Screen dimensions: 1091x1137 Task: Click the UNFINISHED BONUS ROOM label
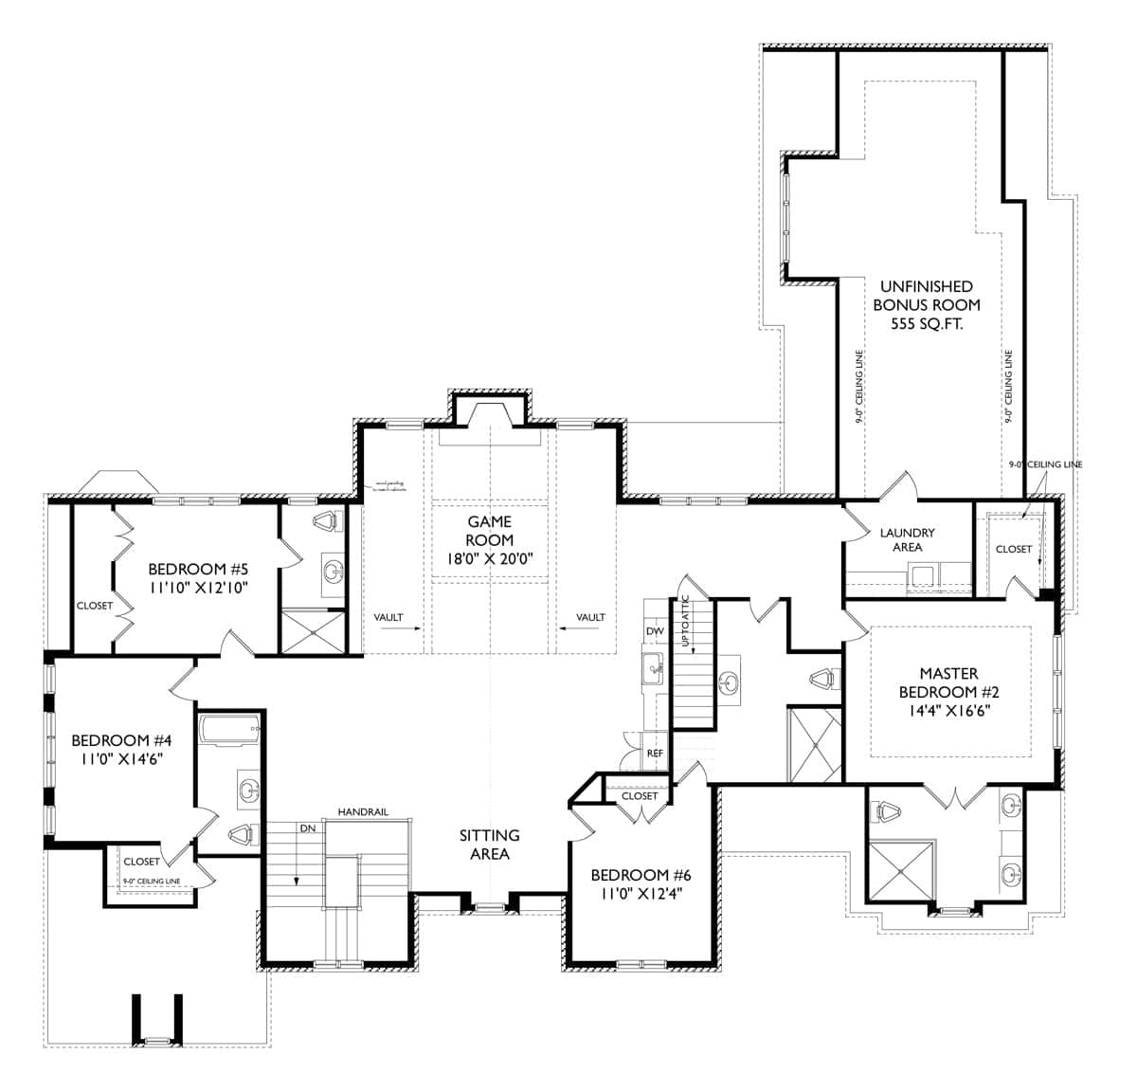coord(926,296)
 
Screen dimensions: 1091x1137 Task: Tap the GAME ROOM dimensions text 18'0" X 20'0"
coord(490,559)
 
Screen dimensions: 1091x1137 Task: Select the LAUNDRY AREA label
coord(907,539)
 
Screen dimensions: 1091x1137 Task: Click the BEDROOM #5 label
coord(198,570)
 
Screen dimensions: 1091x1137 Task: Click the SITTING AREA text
coord(490,844)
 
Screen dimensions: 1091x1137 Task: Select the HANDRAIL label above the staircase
coord(363,812)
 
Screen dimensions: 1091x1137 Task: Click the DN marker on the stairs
coord(307,827)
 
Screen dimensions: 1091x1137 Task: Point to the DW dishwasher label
coord(654,631)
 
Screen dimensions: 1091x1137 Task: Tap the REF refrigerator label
coord(654,753)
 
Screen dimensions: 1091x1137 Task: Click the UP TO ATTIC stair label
coord(685,627)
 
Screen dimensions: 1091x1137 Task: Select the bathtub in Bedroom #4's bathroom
coord(231,731)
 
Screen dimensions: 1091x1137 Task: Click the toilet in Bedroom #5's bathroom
coord(329,521)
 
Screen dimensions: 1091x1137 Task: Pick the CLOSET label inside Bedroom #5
coord(95,605)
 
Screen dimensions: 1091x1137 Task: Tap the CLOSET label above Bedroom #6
coord(640,796)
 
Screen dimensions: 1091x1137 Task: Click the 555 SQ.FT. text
coord(926,324)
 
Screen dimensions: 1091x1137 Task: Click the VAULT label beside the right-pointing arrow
coord(388,617)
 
